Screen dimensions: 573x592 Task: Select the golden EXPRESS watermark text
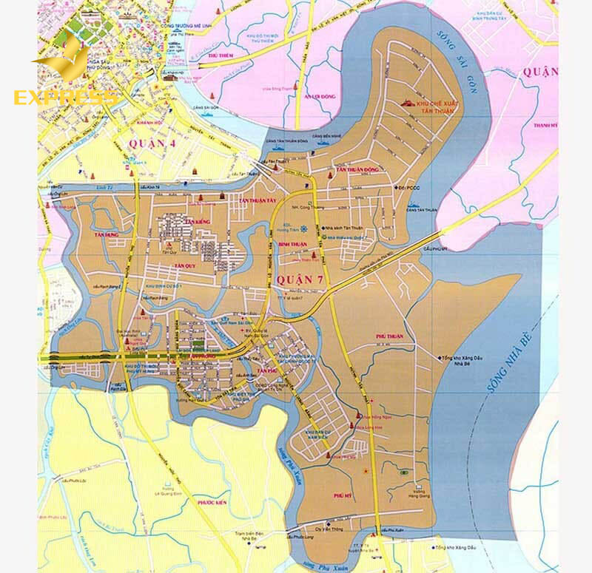pyautogui.click(x=65, y=98)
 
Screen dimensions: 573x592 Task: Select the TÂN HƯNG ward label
pyautogui.click(x=107, y=234)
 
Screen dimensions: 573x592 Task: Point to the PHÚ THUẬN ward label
pyautogui.click(x=389, y=336)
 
